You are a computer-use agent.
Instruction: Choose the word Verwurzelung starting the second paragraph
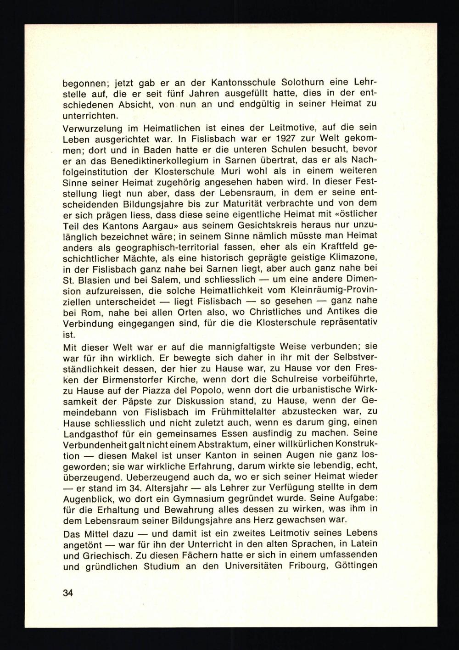[96, 125]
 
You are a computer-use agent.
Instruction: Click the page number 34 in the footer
[68, 593]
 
